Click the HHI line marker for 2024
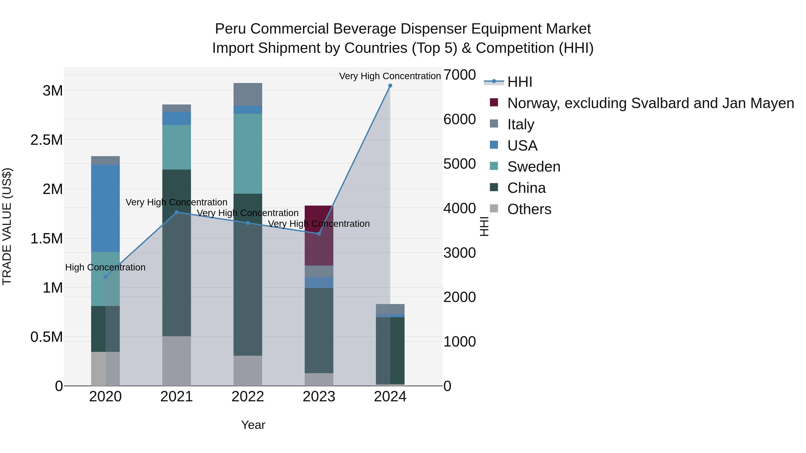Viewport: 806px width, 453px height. click(390, 86)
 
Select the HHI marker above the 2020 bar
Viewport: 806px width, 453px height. click(105, 277)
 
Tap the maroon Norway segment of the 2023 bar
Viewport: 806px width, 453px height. click(319, 235)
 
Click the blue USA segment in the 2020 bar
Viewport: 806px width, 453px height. click(105, 208)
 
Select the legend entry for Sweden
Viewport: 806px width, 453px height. click(534, 167)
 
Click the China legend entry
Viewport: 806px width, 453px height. click(526, 188)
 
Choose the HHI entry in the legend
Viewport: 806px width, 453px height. click(519, 82)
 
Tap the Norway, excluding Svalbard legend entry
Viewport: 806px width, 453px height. click(650, 103)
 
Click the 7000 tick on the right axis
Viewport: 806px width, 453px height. click(459, 75)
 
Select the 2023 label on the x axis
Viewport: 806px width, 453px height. click(319, 397)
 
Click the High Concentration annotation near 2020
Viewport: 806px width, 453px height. click(105, 267)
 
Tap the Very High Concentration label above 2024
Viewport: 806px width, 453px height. click(390, 76)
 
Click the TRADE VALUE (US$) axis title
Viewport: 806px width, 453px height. click(7, 226)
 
